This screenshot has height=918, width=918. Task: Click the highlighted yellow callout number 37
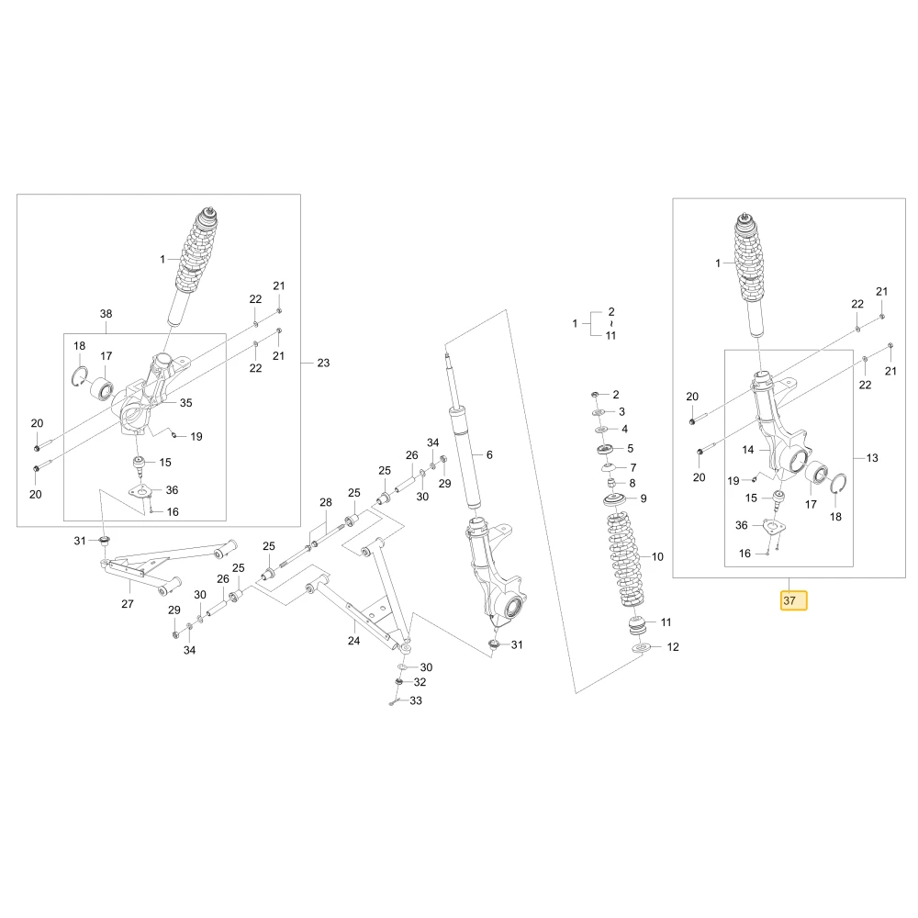(793, 600)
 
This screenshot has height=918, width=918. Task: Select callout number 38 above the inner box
(106, 314)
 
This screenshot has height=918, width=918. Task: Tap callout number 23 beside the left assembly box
(323, 363)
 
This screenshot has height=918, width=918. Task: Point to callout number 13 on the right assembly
(872, 458)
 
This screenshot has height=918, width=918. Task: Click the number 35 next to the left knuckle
(185, 403)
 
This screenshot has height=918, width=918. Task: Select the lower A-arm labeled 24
(358, 594)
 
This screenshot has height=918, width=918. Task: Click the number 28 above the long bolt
(326, 502)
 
